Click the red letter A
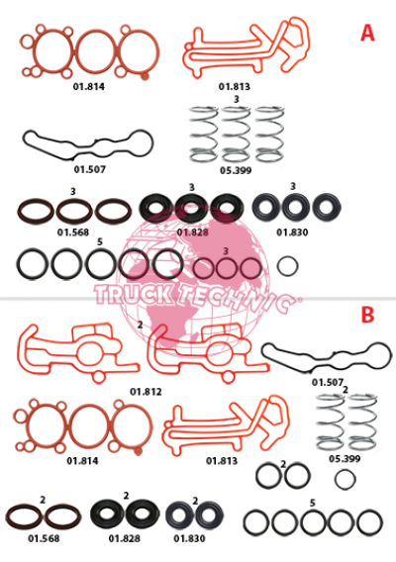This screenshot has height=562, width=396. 367,33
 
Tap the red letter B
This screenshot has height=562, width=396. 367,315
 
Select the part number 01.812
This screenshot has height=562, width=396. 146,392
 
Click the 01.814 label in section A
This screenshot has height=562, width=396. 89,86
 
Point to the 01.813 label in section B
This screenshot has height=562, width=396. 222,460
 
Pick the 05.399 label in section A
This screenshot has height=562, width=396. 236,170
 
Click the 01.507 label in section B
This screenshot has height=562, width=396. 328,383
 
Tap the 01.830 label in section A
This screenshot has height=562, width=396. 292,233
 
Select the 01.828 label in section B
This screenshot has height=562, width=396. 125,538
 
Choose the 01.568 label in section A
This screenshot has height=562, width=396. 73,233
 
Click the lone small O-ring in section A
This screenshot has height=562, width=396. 287,257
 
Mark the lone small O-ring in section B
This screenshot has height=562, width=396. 346,470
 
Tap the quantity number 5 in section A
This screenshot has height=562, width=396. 100,242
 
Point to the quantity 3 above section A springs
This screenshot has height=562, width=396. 236,99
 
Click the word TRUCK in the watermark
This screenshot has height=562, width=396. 134,295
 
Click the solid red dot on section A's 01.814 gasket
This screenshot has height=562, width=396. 145,76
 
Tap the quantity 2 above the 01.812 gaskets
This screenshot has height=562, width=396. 140,325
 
